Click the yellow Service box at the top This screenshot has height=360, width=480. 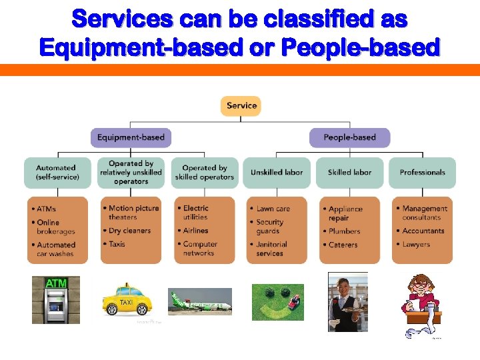point(241,106)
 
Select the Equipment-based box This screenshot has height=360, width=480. point(131,138)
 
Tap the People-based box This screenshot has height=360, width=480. point(349,138)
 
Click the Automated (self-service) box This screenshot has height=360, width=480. point(57,173)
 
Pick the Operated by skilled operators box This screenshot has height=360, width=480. point(204,173)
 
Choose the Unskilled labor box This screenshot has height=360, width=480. point(277,173)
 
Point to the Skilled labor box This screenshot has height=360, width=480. point(349,173)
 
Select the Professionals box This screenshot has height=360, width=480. point(422,173)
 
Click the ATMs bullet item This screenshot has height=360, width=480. point(46,209)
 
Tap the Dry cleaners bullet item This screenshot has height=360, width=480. point(129,231)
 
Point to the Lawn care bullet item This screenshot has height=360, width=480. point(273,209)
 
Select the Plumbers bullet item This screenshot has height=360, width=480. point(344,232)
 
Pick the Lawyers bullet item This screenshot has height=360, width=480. point(416,245)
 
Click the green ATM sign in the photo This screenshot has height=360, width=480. point(56,284)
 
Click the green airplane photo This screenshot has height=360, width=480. point(199,301)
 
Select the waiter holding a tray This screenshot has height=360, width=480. point(347,302)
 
